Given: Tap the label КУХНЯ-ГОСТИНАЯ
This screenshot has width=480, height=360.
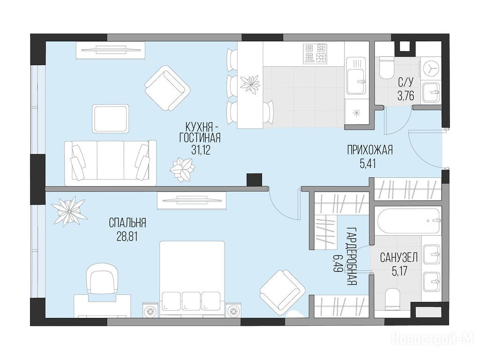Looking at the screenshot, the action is [x=200, y=132].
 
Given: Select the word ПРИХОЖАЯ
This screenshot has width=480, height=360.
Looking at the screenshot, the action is [x=370, y=150].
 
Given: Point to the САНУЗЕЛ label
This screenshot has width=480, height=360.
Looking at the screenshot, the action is [x=399, y=258].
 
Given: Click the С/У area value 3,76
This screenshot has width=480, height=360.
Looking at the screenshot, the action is [x=405, y=96].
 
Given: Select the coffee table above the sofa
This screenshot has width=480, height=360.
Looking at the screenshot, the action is [x=111, y=119].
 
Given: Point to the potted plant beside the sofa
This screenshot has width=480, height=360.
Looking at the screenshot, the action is [x=182, y=170].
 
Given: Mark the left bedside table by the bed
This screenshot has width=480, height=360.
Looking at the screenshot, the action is [x=150, y=311].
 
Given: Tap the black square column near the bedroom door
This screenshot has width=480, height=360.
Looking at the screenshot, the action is [x=255, y=180].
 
